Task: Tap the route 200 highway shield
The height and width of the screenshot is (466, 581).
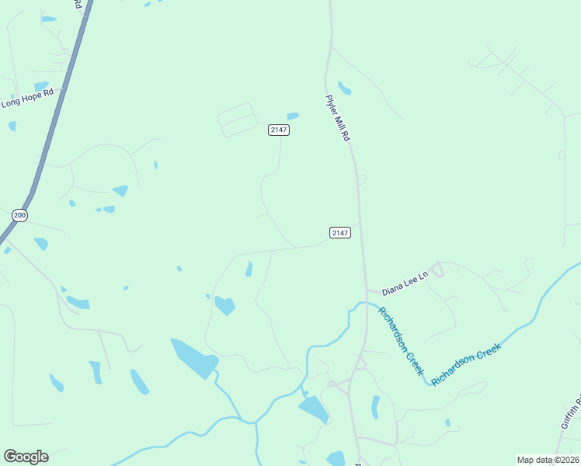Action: (x=20, y=215)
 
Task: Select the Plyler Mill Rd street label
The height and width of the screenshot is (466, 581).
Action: (x=338, y=117)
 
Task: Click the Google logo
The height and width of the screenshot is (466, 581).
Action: (x=26, y=457)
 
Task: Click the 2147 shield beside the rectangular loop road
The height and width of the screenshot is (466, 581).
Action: (x=280, y=130)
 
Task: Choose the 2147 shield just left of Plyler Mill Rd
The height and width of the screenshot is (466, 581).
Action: (x=340, y=232)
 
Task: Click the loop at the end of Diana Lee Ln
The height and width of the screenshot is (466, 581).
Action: (x=437, y=270)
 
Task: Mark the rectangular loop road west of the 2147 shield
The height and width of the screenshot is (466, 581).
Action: (x=237, y=120)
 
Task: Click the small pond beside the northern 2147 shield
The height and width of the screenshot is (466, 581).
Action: (x=293, y=116)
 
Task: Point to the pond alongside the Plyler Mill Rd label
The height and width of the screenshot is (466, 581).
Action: (x=344, y=88)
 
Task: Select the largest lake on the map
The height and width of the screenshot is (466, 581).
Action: (x=193, y=357)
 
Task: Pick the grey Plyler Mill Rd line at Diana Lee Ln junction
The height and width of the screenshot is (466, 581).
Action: (x=365, y=290)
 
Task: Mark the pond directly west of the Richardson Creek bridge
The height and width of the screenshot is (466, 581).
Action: (x=314, y=409)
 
